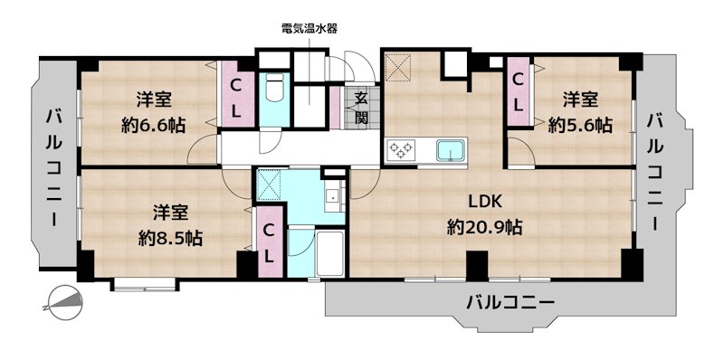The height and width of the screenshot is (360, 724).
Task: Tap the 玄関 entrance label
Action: pyautogui.click(x=360, y=108)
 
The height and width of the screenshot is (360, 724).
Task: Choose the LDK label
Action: pyautogui.click(x=484, y=202)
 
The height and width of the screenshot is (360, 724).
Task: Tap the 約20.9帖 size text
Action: pyautogui.click(x=484, y=227)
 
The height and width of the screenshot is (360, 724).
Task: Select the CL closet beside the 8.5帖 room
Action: pyautogui.click(x=269, y=242)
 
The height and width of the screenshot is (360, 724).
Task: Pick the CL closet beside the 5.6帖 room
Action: pyautogui.click(x=519, y=91)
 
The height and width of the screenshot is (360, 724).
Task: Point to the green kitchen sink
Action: pyautogui.click(x=450, y=149)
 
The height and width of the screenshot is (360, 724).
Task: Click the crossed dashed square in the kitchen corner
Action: pyautogui.click(x=397, y=68)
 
